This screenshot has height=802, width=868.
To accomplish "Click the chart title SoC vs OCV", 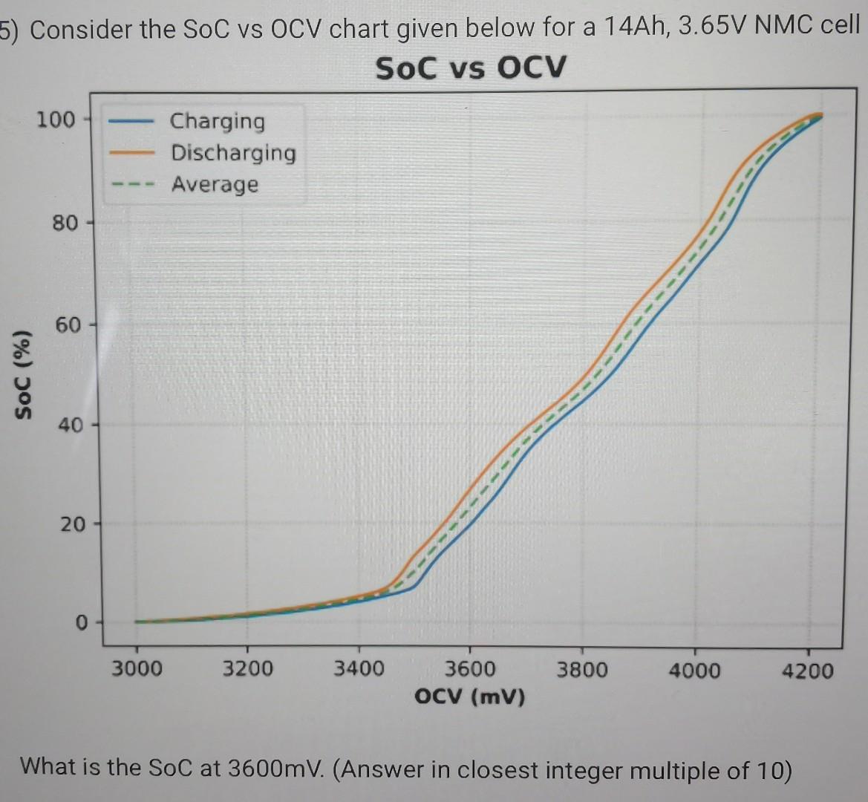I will [470, 68].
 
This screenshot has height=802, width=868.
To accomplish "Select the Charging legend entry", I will [217, 120].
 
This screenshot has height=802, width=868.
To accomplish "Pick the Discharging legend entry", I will [233, 152].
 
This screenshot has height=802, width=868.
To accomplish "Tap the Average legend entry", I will [215, 184].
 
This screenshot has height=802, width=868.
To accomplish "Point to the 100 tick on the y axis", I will [56, 119].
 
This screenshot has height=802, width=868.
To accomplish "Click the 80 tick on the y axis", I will [64, 222].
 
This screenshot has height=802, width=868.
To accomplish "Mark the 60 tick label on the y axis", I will [64, 325].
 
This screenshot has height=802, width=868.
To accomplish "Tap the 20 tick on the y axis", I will [72, 525].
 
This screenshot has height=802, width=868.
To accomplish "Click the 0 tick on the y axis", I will [80, 622].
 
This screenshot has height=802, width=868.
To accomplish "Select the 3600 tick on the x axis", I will [470, 670].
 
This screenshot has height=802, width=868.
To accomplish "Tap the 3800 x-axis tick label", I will [582, 671].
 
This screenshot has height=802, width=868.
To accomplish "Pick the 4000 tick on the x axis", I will [694, 671].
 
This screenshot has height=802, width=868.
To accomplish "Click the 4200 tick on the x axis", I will [807, 672].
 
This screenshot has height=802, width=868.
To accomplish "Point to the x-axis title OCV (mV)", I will [470, 697].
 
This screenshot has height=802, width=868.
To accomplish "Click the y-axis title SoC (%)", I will [25, 374].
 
